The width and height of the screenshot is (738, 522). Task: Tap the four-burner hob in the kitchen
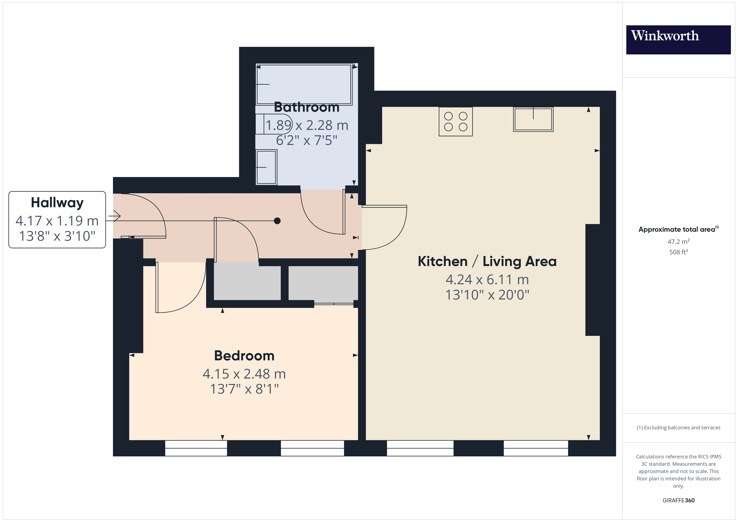[455, 122]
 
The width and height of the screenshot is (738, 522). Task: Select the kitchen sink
[533, 119]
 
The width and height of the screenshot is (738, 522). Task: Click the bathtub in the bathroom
[304, 84]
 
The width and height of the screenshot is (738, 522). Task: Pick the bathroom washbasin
[266, 167]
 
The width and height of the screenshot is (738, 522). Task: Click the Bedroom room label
[244, 356]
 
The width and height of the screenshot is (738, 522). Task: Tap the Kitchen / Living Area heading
[487, 261]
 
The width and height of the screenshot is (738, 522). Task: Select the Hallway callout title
[57, 203]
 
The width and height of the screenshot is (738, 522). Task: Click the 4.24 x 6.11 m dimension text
[487, 280]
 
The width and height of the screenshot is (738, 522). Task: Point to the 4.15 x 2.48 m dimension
[244, 374]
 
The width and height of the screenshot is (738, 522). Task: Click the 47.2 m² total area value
[679, 241]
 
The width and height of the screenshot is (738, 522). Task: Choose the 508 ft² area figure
[679, 252]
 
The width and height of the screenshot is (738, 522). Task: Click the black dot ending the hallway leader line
[277, 221]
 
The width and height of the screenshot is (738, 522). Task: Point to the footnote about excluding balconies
[679, 427]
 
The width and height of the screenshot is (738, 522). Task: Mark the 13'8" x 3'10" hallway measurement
[57, 236]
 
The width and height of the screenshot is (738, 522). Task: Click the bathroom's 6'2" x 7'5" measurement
[307, 141]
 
